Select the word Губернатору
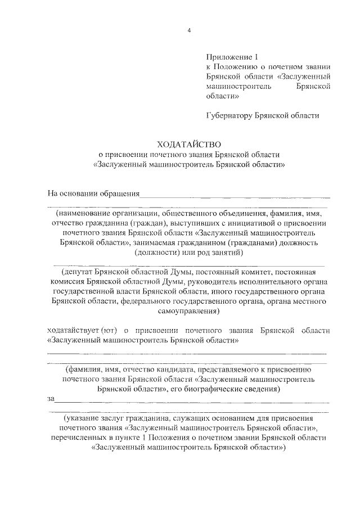pos(231,116)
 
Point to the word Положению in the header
pos(239,66)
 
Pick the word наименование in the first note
pos(86,214)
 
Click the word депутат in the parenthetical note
pos(74,272)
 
